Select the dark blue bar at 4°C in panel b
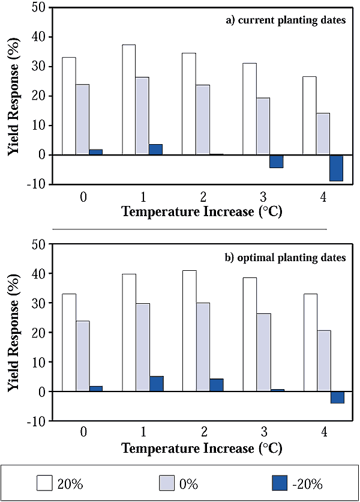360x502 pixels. (337, 398)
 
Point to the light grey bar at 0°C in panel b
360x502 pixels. (82, 356)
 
